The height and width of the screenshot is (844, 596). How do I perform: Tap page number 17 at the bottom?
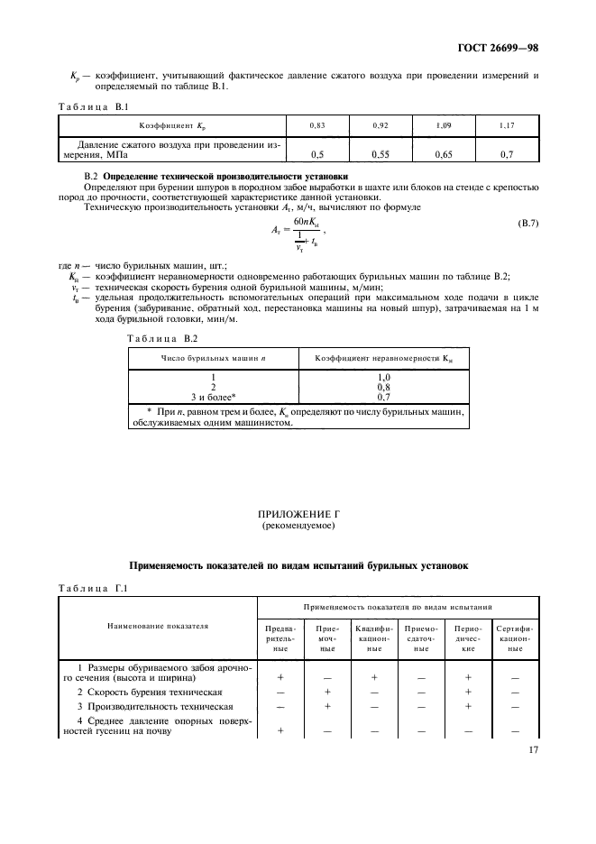pyautogui.click(x=533, y=749)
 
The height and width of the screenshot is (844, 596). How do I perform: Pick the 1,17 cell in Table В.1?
pyautogui.click(x=508, y=126)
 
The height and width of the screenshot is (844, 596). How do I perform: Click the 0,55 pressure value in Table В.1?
pyautogui.click(x=380, y=154)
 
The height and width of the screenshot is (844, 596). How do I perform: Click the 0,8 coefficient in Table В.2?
pyautogui.click(x=383, y=387)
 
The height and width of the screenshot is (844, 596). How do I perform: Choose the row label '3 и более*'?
pyautogui.click(x=215, y=396)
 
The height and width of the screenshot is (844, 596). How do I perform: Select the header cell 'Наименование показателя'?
pyautogui.click(x=158, y=624)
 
